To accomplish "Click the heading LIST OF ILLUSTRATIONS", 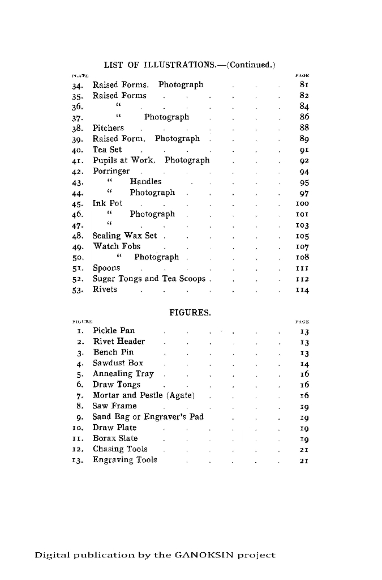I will [x=160, y=65].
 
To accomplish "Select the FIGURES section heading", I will [x=190, y=312].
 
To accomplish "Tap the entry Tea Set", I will [x=108, y=150].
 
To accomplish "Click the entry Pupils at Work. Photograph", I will [x=151, y=160].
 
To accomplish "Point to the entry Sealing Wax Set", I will [x=125, y=236].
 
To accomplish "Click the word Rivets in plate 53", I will [x=105, y=289].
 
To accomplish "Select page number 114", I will [x=303, y=290].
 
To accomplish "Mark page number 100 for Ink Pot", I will [x=303, y=203].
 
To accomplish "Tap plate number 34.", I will [x=78, y=86].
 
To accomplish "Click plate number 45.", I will [x=78, y=204].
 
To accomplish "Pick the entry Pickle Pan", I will [x=114, y=331].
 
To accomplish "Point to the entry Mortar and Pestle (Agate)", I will [x=144, y=395].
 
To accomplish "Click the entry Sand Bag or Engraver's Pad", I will [x=148, y=417].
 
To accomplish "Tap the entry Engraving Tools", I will [x=125, y=460].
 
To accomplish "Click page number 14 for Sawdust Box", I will [x=304, y=364].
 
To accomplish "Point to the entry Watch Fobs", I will [x=117, y=246].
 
